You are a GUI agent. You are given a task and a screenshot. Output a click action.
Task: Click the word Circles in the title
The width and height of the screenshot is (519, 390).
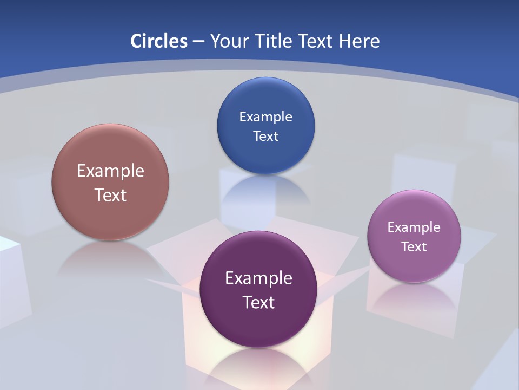click(x=159, y=41)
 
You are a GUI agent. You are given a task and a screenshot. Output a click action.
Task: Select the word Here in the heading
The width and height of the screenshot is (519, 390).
click(x=360, y=41)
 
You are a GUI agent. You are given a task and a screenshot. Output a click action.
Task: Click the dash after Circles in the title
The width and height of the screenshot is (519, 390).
click(x=198, y=42)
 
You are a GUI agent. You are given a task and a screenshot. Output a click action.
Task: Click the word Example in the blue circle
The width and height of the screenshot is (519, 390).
click(x=265, y=116)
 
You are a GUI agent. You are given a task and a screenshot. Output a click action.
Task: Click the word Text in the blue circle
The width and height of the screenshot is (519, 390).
click(x=265, y=136)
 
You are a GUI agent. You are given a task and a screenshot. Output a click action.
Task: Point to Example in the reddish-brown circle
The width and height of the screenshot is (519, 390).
click(x=110, y=171)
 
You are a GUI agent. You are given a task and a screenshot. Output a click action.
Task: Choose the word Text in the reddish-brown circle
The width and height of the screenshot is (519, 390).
click(x=110, y=195)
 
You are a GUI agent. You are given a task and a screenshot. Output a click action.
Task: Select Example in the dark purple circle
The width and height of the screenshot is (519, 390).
click(x=258, y=278)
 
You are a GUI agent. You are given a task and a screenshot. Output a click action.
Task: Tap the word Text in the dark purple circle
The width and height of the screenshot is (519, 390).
click(x=258, y=302)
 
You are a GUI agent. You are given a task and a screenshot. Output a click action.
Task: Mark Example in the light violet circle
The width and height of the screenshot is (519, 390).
click(x=414, y=227)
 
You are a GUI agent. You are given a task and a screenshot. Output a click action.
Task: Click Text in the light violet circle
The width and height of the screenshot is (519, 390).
click(x=414, y=246)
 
